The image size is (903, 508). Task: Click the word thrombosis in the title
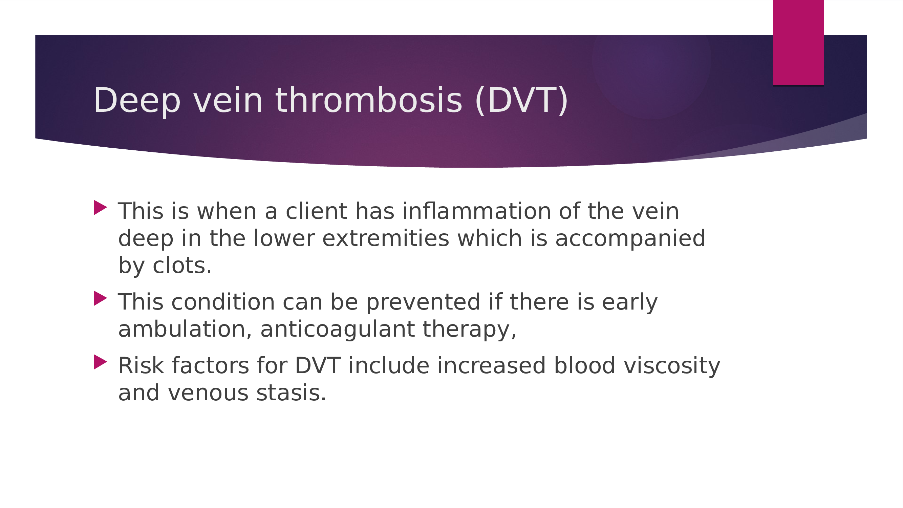pyautogui.click(x=369, y=101)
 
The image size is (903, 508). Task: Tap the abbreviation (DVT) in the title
pyautogui.click(x=522, y=101)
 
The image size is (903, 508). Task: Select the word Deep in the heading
pyautogui.click(x=137, y=101)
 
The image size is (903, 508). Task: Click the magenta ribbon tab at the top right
pyautogui.click(x=798, y=42)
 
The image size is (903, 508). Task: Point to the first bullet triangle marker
pyautogui.click(x=100, y=208)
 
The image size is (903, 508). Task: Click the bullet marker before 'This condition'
pyautogui.click(x=100, y=298)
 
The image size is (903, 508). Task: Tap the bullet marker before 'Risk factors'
pyautogui.click(x=100, y=362)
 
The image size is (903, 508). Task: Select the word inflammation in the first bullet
pyautogui.click(x=476, y=211)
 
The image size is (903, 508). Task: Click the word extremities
pyautogui.click(x=386, y=238)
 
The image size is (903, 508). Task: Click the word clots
pyautogui.click(x=181, y=266)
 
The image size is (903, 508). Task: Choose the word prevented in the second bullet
pyautogui.click(x=423, y=302)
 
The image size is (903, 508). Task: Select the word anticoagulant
pyautogui.click(x=337, y=329)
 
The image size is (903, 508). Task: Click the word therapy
pyautogui.click(x=469, y=329)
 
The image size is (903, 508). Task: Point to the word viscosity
pyautogui.click(x=672, y=366)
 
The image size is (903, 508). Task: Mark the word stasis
pyautogui.click(x=291, y=393)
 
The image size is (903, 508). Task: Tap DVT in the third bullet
pyautogui.click(x=318, y=366)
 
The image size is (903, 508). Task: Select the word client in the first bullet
pyautogui.click(x=317, y=211)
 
